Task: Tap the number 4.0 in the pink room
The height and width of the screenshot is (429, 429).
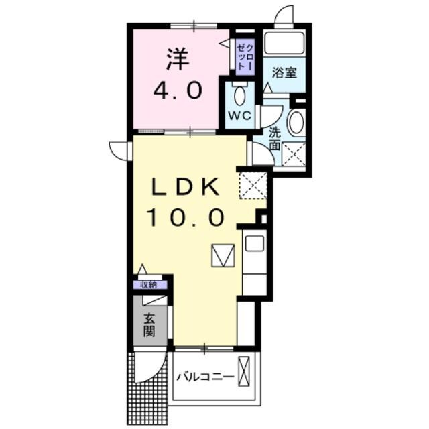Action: click(x=178, y=91)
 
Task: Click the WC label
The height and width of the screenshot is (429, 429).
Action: click(x=239, y=116)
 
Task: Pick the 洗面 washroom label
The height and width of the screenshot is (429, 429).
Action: click(x=275, y=138)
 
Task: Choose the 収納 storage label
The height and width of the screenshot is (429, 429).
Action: click(x=149, y=284)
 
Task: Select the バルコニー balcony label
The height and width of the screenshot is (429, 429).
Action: click(x=206, y=377)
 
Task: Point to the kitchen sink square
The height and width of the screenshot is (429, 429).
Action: click(x=254, y=243)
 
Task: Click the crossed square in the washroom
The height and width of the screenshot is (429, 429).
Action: click(x=294, y=155)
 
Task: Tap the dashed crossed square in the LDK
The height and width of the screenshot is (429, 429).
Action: click(x=253, y=185)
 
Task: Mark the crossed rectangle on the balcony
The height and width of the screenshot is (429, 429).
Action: click(x=246, y=373)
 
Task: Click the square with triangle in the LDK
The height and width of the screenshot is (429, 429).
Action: click(x=222, y=255)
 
